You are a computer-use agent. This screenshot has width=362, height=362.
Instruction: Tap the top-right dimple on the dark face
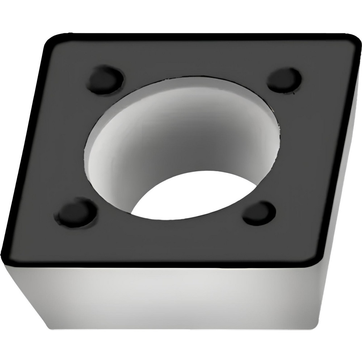pyautogui.click(x=284, y=79)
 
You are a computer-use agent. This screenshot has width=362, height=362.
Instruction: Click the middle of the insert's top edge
pyautogui.click(x=203, y=35)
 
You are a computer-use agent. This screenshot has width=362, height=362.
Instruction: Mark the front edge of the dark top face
pyautogui.click(x=163, y=263)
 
